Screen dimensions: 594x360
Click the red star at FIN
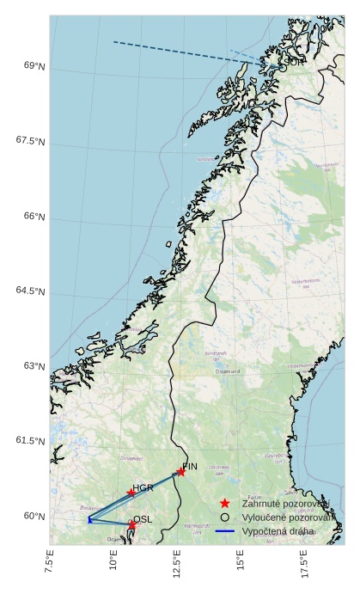(x=180, y=472)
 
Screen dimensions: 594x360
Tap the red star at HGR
(x=131, y=493)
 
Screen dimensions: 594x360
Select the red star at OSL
(x=132, y=524)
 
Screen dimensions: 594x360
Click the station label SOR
(x=293, y=62)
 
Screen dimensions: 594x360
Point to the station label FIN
(x=190, y=466)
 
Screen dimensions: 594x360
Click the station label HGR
(x=143, y=487)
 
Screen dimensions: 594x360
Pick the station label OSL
(x=143, y=519)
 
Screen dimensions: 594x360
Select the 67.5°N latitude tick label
(x=30, y=141)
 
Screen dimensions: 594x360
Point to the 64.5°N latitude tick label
(x=30, y=291)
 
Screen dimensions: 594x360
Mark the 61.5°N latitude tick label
(x=30, y=441)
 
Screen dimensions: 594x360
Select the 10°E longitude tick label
(x=114, y=562)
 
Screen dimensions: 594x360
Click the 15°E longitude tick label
(x=241, y=562)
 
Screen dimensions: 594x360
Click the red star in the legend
(x=224, y=503)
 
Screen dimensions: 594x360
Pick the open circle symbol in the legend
(x=224, y=517)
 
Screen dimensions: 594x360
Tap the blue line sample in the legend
(x=224, y=532)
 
